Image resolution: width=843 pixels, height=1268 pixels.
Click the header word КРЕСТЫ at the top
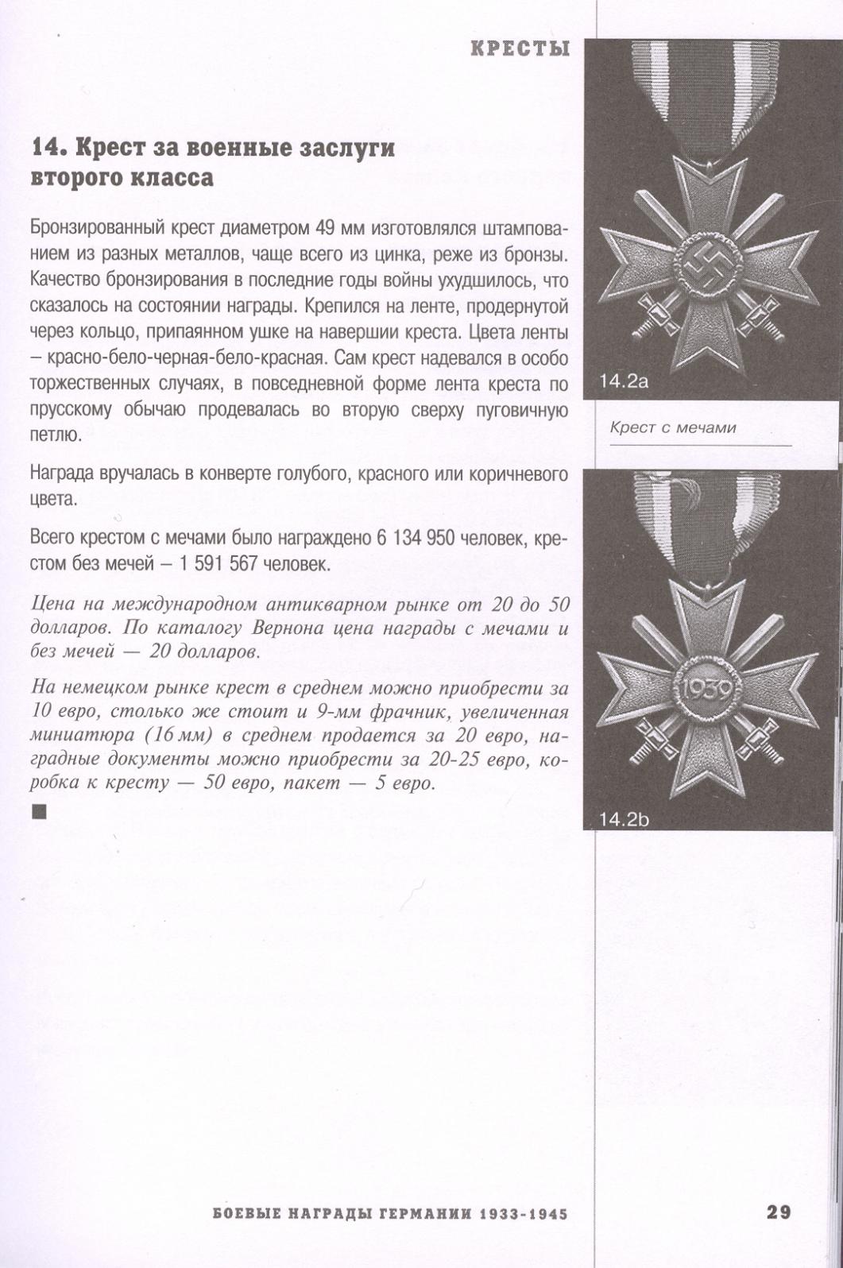(520, 48)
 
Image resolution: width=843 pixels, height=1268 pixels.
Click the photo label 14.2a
(624, 381)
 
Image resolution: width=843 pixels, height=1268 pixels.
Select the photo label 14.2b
(624, 818)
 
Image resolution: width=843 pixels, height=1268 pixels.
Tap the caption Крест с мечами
(672, 427)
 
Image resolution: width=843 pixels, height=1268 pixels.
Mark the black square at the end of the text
(39, 811)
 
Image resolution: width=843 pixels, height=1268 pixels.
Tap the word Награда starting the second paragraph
(60, 474)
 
